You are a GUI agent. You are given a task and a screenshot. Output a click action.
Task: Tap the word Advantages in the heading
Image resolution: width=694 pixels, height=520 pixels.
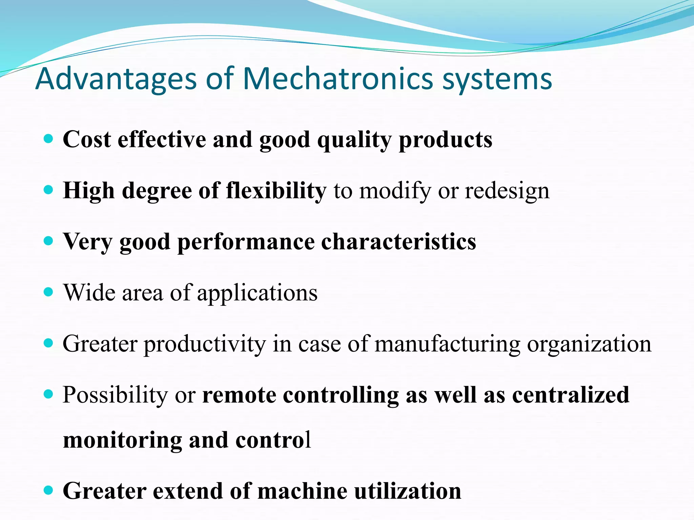click(x=116, y=79)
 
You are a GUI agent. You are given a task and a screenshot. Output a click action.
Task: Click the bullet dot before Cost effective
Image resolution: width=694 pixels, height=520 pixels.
click(x=49, y=139)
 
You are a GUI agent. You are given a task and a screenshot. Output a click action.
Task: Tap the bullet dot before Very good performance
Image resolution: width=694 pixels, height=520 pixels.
click(x=49, y=241)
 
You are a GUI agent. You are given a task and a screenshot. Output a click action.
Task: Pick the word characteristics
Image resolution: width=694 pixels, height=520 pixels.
click(x=399, y=242)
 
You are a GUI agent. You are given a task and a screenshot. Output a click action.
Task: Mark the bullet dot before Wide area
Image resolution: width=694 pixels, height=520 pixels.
click(x=49, y=292)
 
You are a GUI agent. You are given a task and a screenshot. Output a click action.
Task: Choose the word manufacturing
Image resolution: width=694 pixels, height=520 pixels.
click(x=447, y=344)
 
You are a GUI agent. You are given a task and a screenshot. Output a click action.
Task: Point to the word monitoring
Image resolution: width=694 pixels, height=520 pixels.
click(x=122, y=440)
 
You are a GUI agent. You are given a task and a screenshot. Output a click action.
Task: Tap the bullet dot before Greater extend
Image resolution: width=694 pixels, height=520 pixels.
click(x=49, y=490)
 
